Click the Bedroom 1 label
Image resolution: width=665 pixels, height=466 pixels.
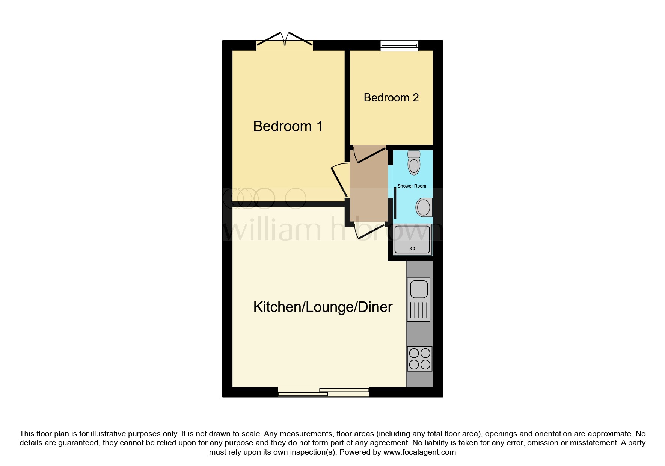(288, 126)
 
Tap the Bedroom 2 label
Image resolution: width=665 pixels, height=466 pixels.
(391, 98)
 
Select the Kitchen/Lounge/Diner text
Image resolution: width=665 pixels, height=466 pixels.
(323, 307)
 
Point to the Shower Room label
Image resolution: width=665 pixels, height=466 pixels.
(412, 186)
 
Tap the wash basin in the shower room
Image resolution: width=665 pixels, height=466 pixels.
(424, 207)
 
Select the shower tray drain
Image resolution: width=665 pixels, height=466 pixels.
(413, 248)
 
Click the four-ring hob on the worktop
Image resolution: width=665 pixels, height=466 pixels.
(419, 359)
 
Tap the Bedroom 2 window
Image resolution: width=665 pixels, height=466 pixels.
(399, 46)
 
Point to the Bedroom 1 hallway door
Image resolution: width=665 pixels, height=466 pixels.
(339, 180)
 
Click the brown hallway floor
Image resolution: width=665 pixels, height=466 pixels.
(368, 188)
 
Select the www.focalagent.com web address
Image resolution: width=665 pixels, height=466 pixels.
(419, 452)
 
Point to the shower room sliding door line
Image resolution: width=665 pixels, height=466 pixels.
(395, 203)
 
